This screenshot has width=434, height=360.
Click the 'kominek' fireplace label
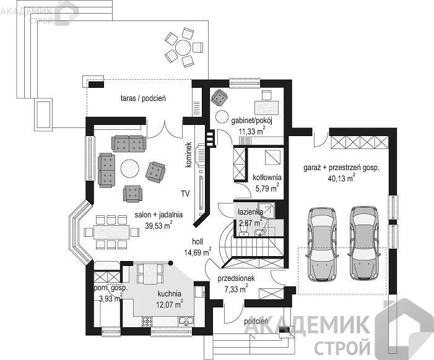coord(188,155)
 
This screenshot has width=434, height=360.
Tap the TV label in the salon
coord(185,194)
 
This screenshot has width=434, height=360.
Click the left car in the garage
coord(322,244)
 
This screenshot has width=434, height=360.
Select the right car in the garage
coord(364,242)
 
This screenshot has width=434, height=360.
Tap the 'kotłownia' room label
coord(267,178)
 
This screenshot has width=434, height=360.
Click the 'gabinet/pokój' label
coord(252,121)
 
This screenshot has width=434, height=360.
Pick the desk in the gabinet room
coord(266,107)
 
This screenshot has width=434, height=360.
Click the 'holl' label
coord(197,242)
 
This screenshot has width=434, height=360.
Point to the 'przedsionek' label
coord(236,278)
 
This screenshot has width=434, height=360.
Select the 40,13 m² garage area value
coord(342,178)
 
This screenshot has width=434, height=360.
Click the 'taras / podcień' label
coord(143,98)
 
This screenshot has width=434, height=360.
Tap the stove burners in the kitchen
coord(147,322)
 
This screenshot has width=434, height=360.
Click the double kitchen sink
coord(186,321)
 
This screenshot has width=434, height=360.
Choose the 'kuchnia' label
coord(170,294)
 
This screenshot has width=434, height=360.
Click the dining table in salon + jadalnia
coord(111,232)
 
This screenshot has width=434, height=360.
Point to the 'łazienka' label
coord(251,212)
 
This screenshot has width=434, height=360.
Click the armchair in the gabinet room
coord(219,97)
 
